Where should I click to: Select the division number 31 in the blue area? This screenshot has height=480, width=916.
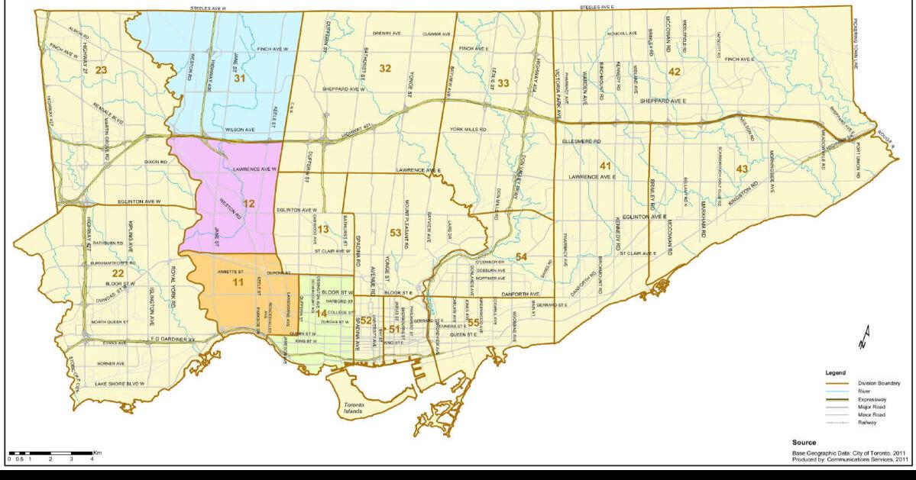(240, 78)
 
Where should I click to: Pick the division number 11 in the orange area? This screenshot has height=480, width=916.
(238, 283)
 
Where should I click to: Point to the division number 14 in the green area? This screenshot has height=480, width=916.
(322, 314)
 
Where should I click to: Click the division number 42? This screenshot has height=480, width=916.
(674, 71)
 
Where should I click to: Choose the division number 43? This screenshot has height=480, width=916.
(741, 169)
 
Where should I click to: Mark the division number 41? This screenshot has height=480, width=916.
(605, 166)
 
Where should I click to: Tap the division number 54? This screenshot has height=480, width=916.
(521, 256)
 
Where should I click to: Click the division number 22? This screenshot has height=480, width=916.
(118, 273)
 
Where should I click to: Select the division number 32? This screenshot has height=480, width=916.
(386, 69)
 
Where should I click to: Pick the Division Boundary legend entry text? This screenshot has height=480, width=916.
(879, 382)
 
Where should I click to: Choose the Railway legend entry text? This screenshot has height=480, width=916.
(867, 422)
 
